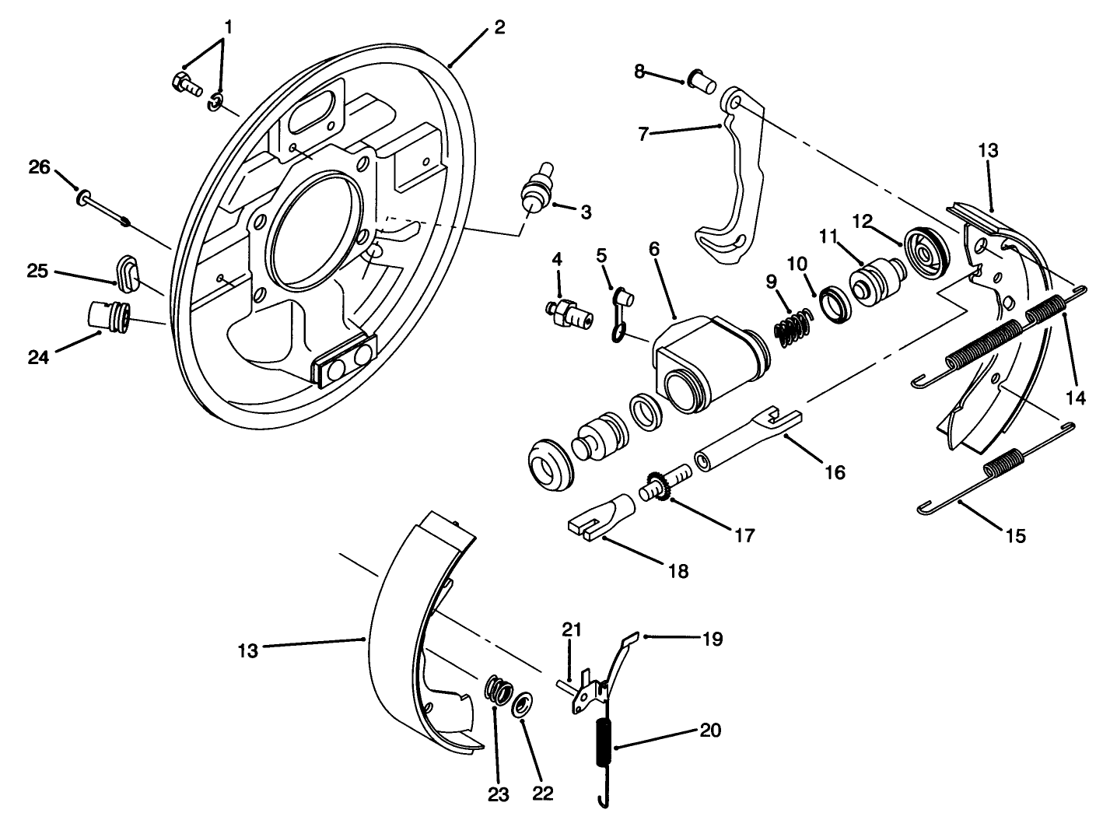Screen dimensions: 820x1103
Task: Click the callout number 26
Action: [x=39, y=166]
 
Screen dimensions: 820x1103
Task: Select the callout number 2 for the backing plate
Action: [x=499, y=28]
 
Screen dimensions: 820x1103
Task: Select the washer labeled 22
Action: [x=523, y=706]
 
